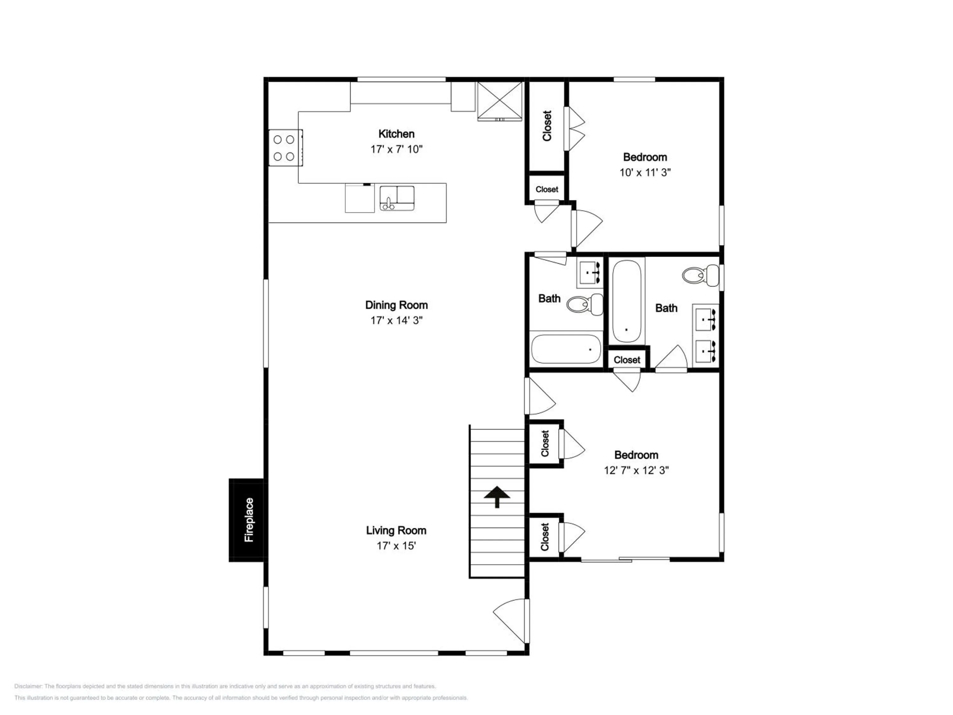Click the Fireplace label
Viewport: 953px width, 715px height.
point(249,520)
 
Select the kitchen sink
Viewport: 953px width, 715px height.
point(397,198)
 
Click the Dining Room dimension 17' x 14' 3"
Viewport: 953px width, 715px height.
point(396,320)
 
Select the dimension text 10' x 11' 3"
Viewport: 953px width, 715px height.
point(645,172)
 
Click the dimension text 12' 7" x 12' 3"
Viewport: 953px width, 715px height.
point(636,470)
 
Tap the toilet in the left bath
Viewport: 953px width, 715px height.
point(585,304)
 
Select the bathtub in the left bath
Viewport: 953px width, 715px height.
point(566,350)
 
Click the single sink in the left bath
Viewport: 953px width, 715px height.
point(590,273)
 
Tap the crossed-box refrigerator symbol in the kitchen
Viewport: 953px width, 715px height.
point(500,101)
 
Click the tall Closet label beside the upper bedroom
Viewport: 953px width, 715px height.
point(547,126)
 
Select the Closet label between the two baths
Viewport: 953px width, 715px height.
point(627,360)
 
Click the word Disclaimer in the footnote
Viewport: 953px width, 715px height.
point(28,686)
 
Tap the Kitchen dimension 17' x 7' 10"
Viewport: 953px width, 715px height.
point(396,149)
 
